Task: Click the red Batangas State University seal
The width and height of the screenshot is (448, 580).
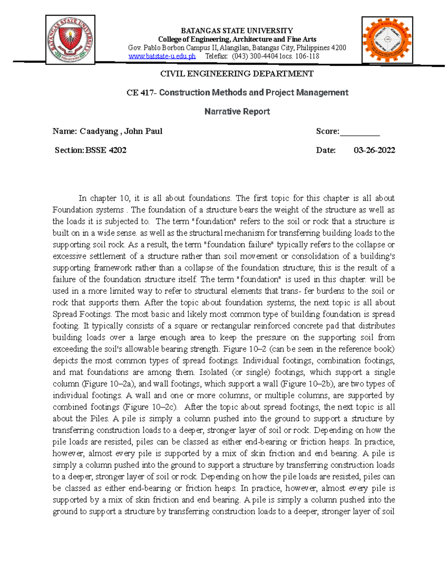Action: (x=70, y=40)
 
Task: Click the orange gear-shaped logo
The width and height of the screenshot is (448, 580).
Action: (x=387, y=40)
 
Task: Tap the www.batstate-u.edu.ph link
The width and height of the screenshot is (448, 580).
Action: (x=162, y=56)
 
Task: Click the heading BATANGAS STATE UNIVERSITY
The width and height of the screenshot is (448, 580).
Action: (x=237, y=31)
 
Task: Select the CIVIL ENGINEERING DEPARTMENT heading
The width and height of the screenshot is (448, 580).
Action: (x=237, y=74)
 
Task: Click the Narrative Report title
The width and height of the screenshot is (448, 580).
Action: (x=237, y=111)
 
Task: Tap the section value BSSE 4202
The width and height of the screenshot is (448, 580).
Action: (x=106, y=150)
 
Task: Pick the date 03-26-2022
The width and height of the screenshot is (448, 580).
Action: (x=374, y=150)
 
